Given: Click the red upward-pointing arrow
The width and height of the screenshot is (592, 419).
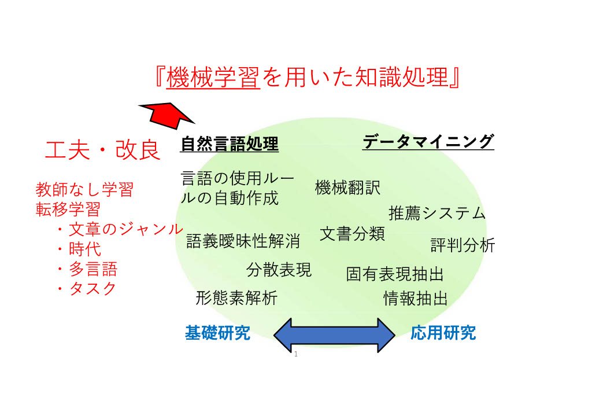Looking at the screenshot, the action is pyautogui.click(x=168, y=115).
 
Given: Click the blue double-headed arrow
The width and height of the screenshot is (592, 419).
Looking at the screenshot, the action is pyautogui.click(x=334, y=335).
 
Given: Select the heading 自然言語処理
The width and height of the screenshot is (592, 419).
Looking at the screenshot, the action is pyautogui.click(x=229, y=144).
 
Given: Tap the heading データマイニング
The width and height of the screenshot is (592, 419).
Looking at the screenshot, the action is pyautogui.click(x=428, y=141).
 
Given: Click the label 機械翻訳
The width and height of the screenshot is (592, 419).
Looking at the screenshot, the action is pyautogui.click(x=347, y=188).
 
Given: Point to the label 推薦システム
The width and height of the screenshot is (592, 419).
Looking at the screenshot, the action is pyautogui.click(x=437, y=213).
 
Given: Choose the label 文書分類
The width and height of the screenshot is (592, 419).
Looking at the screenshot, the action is pyautogui.click(x=352, y=233).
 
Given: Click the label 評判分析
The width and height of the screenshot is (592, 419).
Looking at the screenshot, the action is pyautogui.click(x=462, y=245).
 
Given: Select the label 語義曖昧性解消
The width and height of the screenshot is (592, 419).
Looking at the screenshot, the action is pyautogui.click(x=243, y=241).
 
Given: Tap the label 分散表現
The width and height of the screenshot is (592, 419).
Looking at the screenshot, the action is pyautogui.click(x=279, y=270).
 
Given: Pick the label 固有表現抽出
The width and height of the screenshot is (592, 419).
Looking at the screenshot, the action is pyautogui.click(x=394, y=274).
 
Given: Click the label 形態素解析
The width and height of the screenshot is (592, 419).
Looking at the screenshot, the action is pyautogui.click(x=236, y=297).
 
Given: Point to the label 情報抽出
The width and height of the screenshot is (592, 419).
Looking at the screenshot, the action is pyautogui.click(x=415, y=299).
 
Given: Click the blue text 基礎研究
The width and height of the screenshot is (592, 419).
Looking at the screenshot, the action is pyautogui.click(x=217, y=333).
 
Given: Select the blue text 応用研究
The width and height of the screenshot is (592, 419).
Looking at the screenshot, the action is pyautogui.click(x=443, y=333).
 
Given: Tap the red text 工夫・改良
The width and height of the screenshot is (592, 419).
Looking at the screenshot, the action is pyautogui.click(x=103, y=150).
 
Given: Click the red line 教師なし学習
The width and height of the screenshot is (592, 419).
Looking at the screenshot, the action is pyautogui.click(x=84, y=189).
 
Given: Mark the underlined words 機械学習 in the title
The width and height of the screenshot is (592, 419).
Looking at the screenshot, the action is pyautogui.click(x=213, y=78).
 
